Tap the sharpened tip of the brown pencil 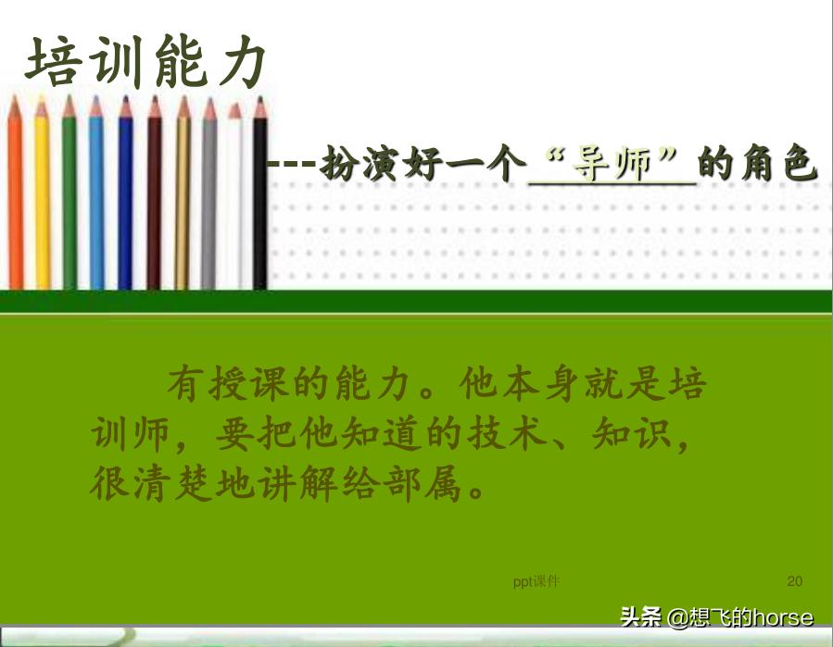(x=154, y=106)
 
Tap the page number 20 (x=794, y=581)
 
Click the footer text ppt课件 (x=536, y=581)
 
